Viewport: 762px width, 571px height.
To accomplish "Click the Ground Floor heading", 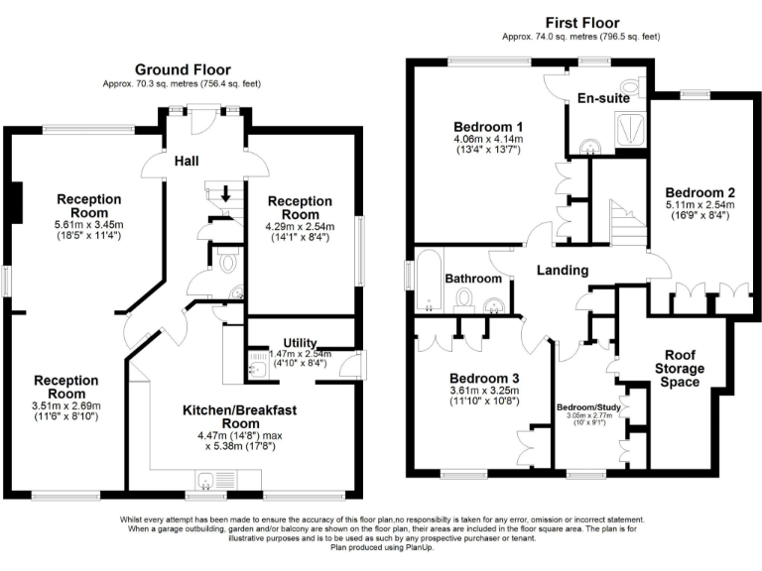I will point(183,69).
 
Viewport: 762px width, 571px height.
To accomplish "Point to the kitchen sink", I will point(206,482).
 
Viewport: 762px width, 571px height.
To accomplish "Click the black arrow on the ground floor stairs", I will point(226,194).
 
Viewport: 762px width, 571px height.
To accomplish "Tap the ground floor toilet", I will point(225,263).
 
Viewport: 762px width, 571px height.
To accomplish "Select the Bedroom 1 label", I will point(487,127).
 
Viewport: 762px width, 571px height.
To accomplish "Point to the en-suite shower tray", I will point(626,127).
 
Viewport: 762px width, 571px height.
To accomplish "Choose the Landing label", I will point(563,270).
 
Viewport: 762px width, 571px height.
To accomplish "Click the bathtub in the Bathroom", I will point(428,283).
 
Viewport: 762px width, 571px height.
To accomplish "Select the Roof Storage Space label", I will point(684,368).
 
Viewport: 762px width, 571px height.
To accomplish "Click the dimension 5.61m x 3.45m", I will point(88,225).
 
